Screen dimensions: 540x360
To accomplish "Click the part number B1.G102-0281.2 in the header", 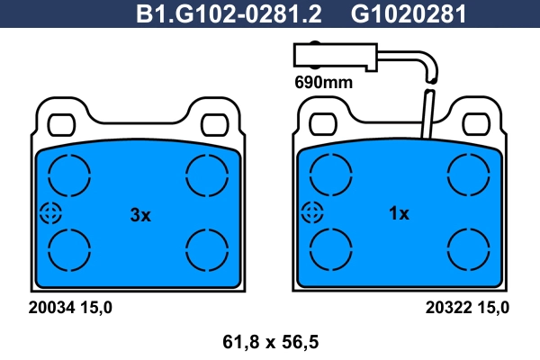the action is click(x=229, y=13).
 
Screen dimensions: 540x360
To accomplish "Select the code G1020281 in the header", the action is click(x=409, y=13).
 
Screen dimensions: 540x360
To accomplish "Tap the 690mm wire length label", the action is click(x=323, y=83).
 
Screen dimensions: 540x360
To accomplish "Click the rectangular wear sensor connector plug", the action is click(x=336, y=56).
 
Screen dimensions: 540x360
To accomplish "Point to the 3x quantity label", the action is click(x=140, y=215).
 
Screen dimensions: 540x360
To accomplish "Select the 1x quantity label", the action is click(x=399, y=213).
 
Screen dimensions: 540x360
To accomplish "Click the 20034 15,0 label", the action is click(x=70, y=307).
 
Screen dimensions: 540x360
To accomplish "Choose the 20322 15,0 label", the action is click(x=467, y=307).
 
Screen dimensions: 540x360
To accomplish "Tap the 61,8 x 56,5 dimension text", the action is click(x=270, y=342).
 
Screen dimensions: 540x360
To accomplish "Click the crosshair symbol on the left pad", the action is click(x=50, y=213).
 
